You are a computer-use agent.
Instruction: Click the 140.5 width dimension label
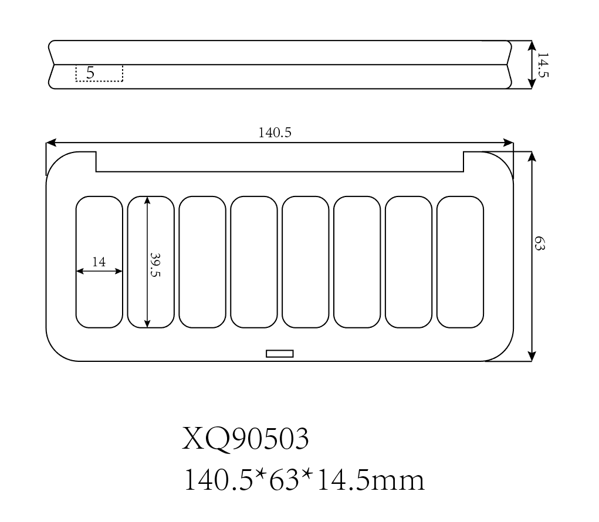(275, 133)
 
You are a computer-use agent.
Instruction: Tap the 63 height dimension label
(539, 243)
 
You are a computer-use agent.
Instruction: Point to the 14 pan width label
(99, 262)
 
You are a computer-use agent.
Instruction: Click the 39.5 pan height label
(155, 265)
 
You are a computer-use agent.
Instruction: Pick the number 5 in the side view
(90, 73)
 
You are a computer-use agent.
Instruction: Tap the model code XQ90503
(245, 439)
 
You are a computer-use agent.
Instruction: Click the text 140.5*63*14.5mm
(304, 480)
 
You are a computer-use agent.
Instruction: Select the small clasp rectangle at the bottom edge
(280, 354)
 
